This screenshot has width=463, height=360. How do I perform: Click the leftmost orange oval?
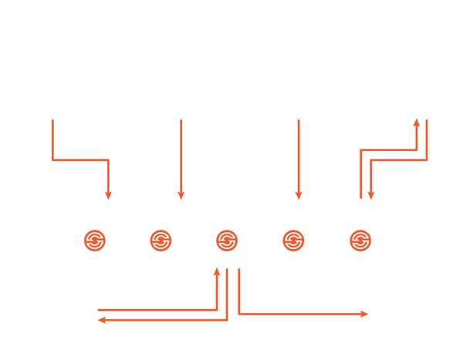pos(96,239)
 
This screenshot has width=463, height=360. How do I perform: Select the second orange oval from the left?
pos(162,239)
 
